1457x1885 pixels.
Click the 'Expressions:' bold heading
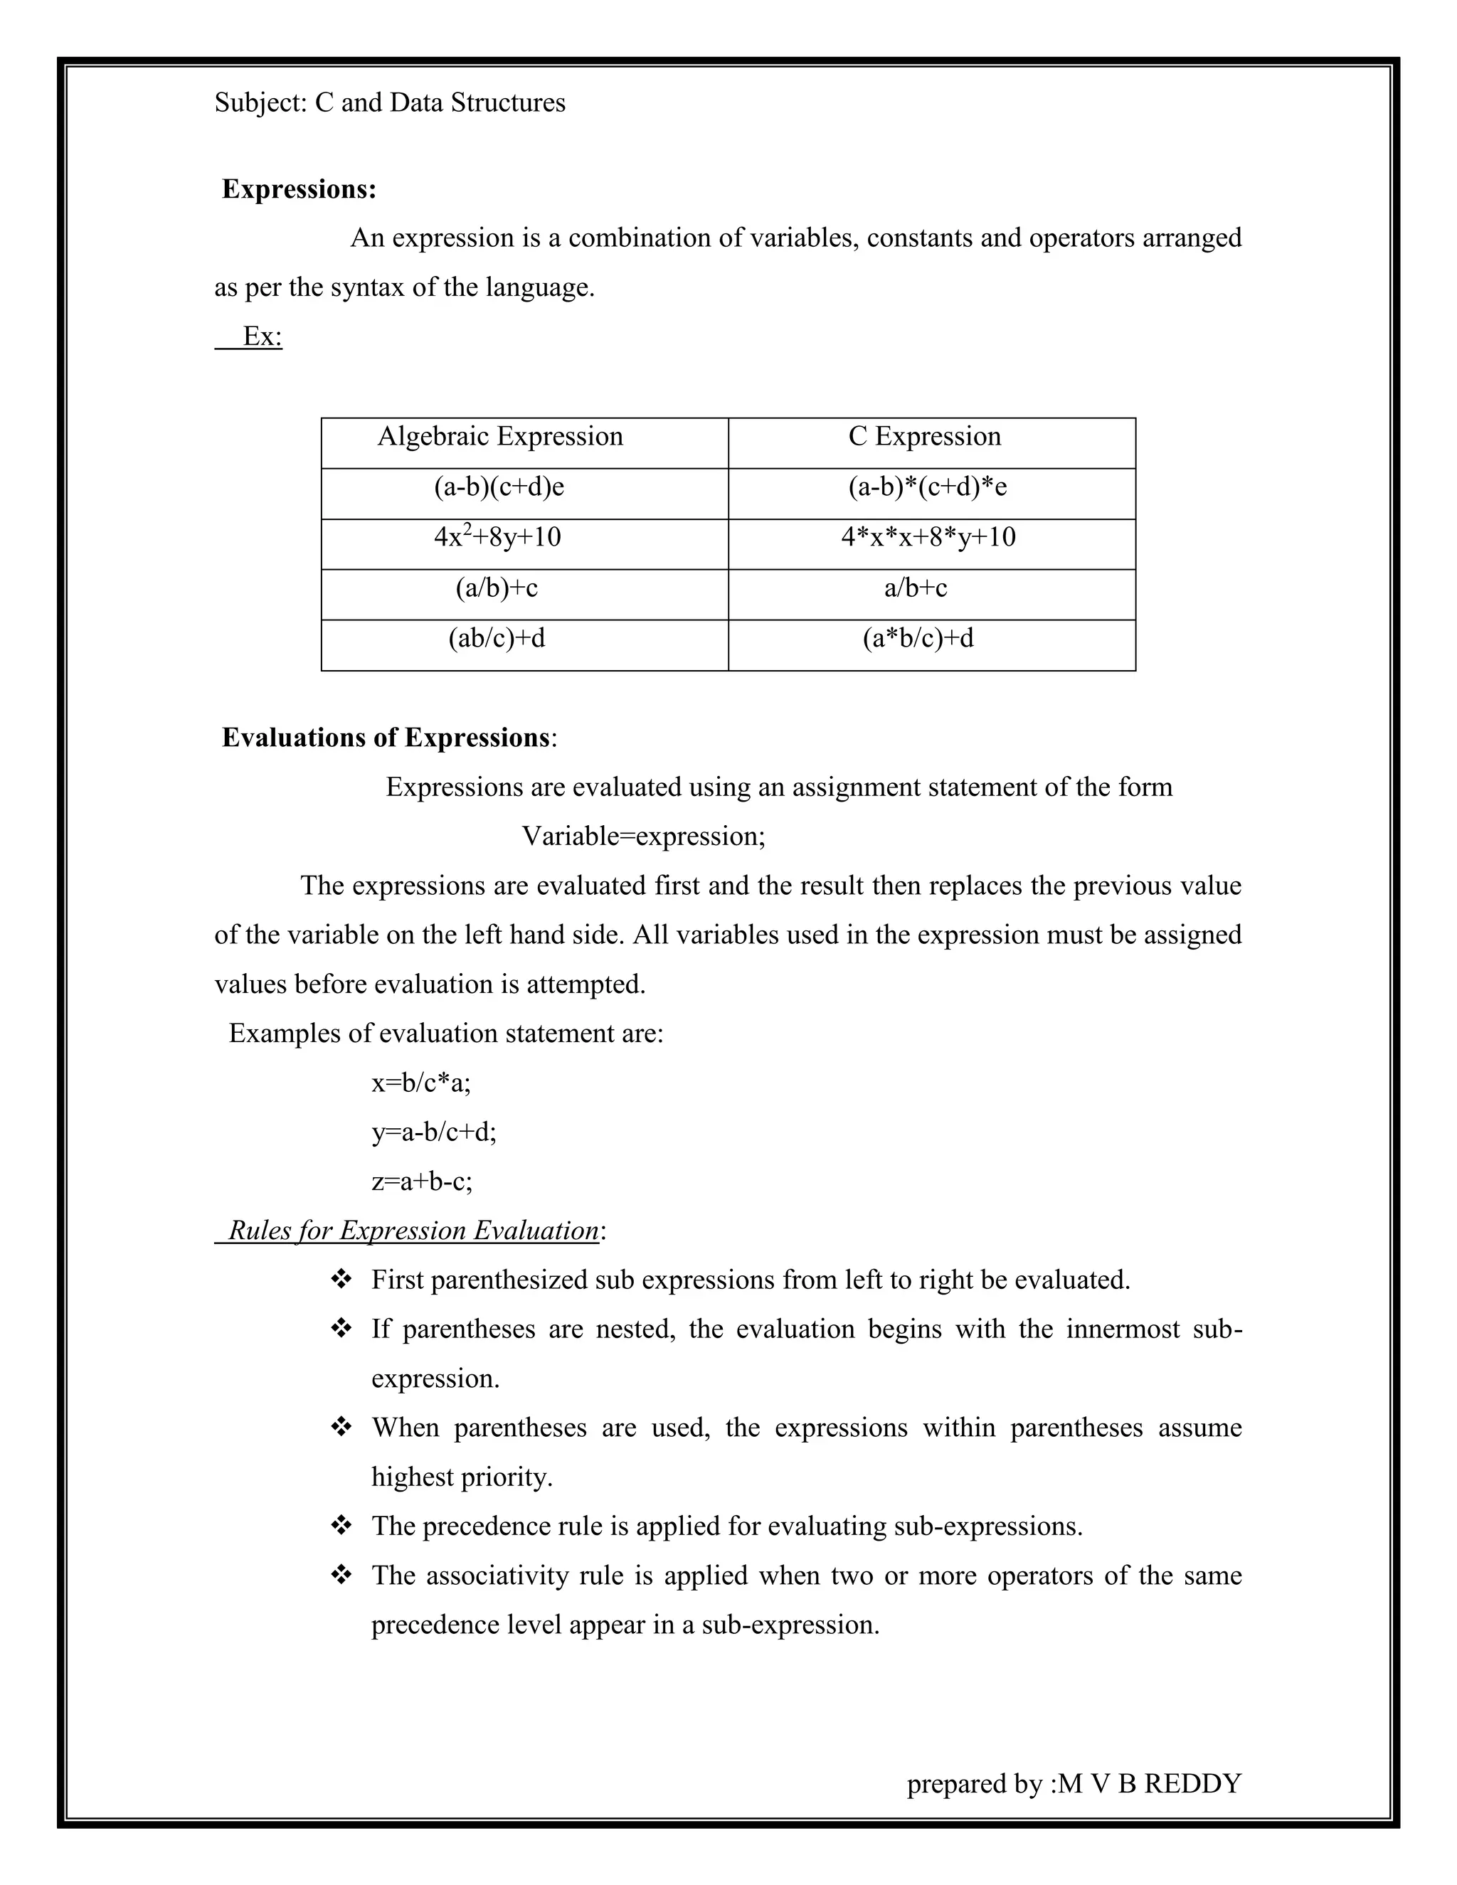[x=299, y=189]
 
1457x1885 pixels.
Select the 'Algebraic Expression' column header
[x=499, y=437]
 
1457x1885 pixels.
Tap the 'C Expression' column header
[x=924, y=437]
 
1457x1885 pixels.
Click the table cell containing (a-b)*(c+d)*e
[x=927, y=488]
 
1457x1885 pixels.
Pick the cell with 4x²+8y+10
[x=497, y=538]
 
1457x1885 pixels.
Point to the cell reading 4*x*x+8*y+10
[x=928, y=538]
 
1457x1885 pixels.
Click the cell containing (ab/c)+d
[x=497, y=639]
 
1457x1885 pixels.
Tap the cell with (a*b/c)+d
[x=918, y=639]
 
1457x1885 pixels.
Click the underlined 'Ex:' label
[x=263, y=336]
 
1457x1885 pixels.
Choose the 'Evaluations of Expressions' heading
[x=386, y=738]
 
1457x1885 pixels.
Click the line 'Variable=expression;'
[x=643, y=837]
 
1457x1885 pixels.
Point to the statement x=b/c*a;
[x=421, y=1083]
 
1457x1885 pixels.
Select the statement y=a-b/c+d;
[x=434, y=1132]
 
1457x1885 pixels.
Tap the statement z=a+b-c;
[x=422, y=1181]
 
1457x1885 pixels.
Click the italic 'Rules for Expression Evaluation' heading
[x=413, y=1230]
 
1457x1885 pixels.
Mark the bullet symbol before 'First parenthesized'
[x=341, y=1279]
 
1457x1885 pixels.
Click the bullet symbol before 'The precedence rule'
[x=341, y=1526]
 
